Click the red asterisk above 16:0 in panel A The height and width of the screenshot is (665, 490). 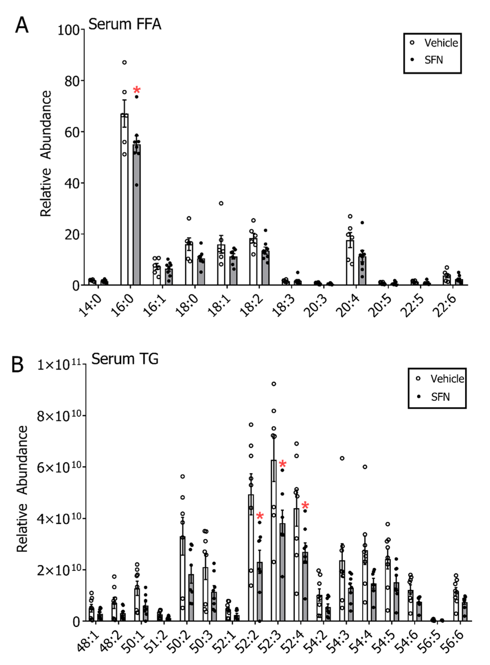(137, 90)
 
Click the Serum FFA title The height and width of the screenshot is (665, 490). (124, 24)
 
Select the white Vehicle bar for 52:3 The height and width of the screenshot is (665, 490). (273, 543)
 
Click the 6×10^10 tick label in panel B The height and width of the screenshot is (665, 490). (59, 467)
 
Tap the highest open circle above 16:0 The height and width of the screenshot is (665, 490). (124, 62)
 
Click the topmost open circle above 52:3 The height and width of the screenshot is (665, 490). (274, 384)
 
